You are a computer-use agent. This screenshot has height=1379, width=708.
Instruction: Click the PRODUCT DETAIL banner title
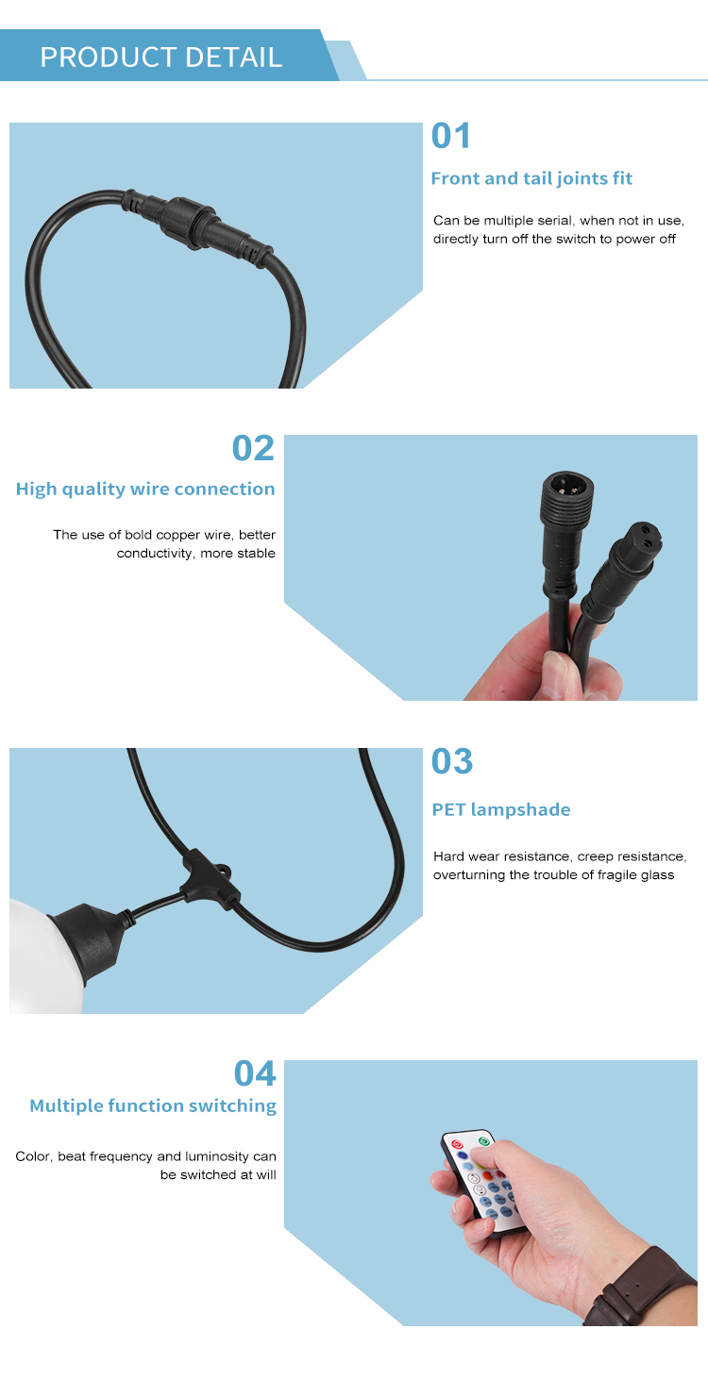point(160,58)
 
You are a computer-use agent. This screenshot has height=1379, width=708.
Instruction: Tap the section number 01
point(451,136)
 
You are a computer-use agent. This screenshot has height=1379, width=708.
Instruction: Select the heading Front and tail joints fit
point(531,178)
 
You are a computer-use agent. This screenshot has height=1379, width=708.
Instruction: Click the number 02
point(253,448)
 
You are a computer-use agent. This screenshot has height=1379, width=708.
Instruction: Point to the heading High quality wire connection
point(145,489)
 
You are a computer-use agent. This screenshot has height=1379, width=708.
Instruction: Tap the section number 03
point(452,761)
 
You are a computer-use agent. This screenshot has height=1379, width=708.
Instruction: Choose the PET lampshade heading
point(501,809)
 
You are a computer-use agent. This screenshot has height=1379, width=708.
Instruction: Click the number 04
point(255,1073)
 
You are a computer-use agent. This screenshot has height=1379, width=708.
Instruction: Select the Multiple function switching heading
point(153,1105)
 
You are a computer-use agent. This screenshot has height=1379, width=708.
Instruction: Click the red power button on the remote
point(457,1144)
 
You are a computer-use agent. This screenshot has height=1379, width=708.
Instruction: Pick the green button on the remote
point(483,1141)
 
